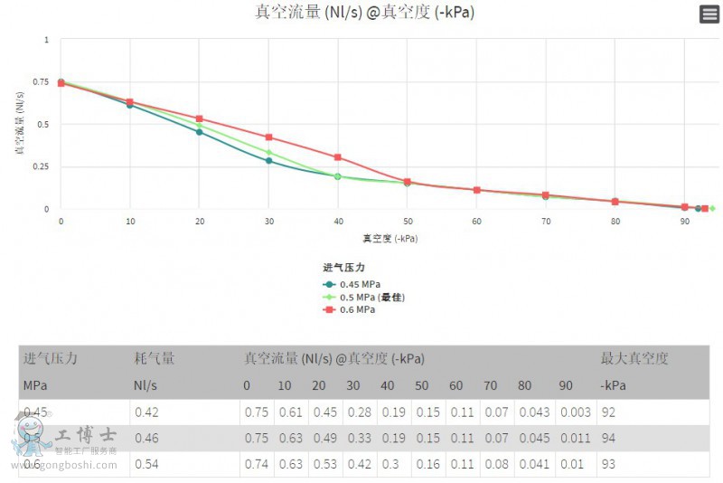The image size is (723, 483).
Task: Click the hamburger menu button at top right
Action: (x=709, y=14)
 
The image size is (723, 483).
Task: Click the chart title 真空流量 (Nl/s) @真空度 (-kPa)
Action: (x=364, y=13)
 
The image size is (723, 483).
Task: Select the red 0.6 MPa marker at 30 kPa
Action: (x=268, y=137)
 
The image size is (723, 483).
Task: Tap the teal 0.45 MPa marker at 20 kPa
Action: (x=200, y=132)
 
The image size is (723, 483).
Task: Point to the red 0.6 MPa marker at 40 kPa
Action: (x=338, y=157)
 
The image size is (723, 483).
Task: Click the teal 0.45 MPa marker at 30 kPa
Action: (x=268, y=161)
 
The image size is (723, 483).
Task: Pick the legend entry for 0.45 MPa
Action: (x=353, y=284)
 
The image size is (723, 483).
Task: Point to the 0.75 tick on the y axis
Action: (x=41, y=82)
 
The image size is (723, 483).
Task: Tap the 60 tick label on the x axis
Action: (x=476, y=221)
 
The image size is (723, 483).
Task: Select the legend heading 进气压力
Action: (x=343, y=268)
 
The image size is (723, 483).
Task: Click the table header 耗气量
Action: (x=154, y=358)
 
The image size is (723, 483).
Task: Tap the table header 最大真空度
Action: (x=634, y=358)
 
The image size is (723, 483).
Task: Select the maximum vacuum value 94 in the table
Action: (x=609, y=439)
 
